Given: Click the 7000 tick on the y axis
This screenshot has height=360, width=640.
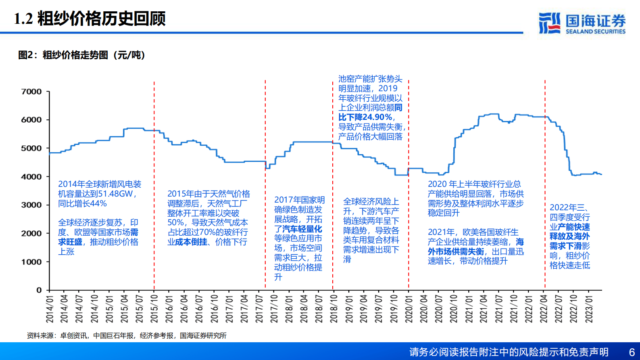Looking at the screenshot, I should point(31,92).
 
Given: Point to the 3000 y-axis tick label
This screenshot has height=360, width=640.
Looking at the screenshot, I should point(31,205).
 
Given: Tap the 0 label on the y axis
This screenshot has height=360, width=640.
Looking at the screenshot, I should point(39,290).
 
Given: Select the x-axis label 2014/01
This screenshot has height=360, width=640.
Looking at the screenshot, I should point(50,309).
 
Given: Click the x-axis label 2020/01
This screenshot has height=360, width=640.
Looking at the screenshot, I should point(409,309).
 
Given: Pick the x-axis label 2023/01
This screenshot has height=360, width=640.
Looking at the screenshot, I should point(589,309).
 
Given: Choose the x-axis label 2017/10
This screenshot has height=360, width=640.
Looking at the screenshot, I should point(274,309).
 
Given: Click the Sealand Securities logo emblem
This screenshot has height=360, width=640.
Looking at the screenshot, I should point(550,23).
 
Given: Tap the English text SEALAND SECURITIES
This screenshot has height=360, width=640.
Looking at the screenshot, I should point(595,31).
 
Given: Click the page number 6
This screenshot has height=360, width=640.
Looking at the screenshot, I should point(632,352).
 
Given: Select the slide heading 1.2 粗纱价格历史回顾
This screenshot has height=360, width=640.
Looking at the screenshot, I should point(90,19).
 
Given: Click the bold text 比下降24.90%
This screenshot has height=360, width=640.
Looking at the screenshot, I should point(365,117).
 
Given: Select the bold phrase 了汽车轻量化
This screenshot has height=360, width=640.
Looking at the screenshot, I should point(298,229).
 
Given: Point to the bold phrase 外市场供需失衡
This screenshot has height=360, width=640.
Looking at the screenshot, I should point(456,251).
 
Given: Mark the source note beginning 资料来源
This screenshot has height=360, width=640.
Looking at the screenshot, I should point(127,335).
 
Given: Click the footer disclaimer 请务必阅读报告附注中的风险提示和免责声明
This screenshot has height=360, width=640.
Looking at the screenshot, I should point(509,352).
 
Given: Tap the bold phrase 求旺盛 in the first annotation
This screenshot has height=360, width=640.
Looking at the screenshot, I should point(70,242).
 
